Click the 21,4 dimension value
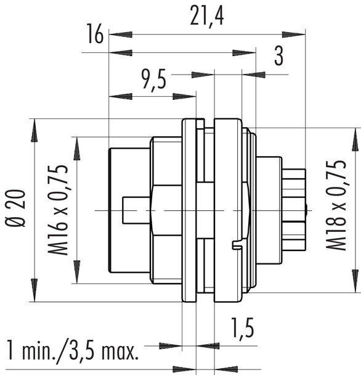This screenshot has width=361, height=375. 206,19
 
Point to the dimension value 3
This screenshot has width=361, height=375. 278,57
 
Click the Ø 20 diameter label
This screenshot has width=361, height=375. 16,210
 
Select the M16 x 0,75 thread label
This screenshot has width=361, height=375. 59,210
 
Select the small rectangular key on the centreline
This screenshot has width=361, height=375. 136,210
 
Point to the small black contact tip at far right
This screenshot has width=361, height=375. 306,210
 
